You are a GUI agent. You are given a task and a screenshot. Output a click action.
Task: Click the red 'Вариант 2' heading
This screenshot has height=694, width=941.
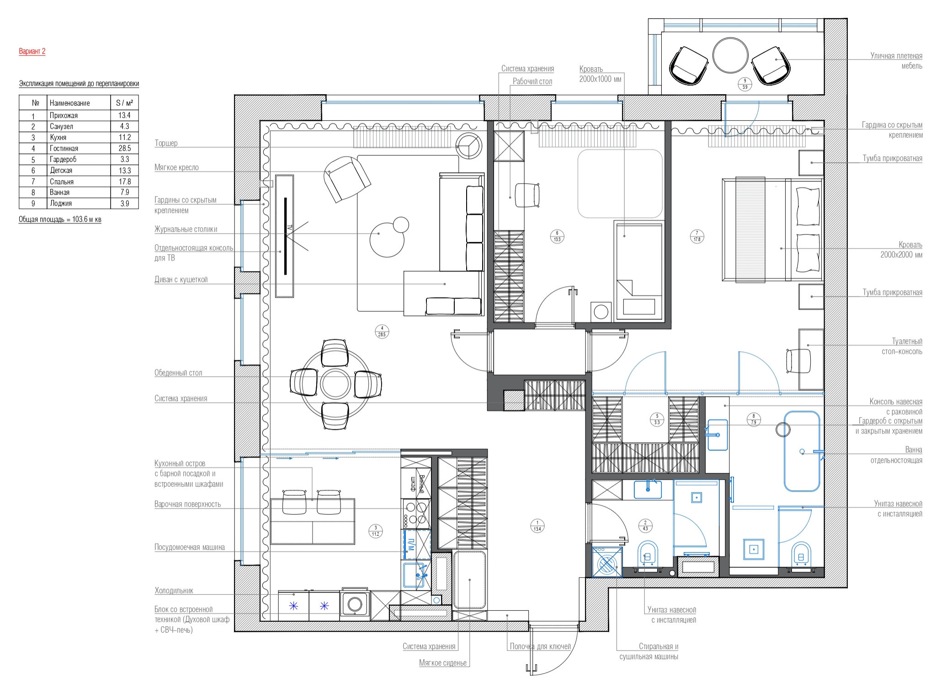click(32, 51)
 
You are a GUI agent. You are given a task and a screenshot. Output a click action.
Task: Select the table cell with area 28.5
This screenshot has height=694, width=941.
click(124, 148)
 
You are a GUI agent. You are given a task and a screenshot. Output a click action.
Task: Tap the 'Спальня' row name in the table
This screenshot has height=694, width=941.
click(62, 182)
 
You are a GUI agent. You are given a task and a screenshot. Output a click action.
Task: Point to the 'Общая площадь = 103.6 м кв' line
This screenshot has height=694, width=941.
click(60, 219)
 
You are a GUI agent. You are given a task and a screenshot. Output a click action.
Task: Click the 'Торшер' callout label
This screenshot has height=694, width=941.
click(166, 143)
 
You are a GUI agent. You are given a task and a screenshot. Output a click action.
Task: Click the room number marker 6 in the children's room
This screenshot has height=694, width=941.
click(557, 236)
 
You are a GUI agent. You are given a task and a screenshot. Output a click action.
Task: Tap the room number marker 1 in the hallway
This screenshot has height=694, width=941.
click(537, 526)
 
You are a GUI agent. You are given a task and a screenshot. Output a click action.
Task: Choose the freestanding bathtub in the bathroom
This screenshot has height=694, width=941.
click(803, 451)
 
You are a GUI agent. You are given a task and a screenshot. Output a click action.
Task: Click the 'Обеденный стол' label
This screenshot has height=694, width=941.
click(178, 373)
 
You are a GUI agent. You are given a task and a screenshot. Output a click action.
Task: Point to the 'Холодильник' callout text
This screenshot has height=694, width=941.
click(174, 591)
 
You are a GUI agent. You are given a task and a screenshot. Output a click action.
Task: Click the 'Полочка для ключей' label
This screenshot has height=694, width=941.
click(540, 646)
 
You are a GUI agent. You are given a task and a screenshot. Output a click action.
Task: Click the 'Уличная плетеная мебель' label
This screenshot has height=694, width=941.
click(896, 61)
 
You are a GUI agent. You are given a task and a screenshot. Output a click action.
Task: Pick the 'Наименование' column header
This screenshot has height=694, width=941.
click(70, 103)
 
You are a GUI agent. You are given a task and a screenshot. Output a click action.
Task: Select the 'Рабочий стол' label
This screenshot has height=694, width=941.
click(532, 82)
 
